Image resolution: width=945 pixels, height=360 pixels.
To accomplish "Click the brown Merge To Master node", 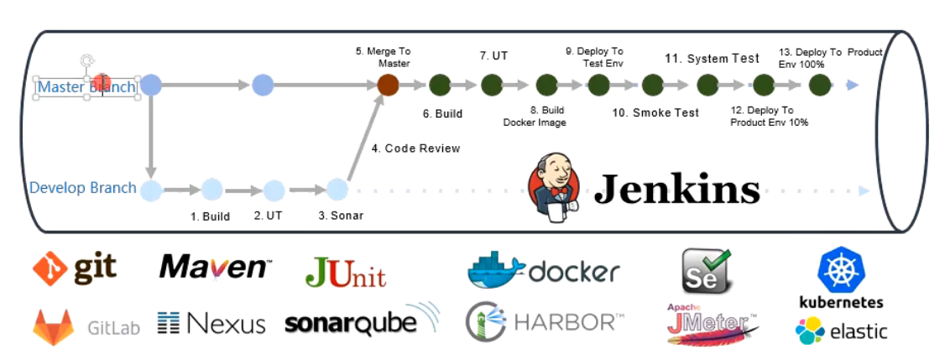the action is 388,85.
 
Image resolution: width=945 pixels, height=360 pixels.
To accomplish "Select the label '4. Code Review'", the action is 415,149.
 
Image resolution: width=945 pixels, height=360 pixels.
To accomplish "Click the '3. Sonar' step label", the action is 341,216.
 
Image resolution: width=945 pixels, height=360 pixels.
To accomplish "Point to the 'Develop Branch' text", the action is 83,187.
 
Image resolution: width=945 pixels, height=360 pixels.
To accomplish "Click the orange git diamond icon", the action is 50,269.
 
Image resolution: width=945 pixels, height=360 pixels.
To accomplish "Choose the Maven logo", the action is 215,267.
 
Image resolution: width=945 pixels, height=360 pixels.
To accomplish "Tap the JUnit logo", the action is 345,272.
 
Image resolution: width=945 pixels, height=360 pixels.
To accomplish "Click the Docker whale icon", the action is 495,269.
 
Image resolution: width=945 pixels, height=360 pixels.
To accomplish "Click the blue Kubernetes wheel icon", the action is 841,269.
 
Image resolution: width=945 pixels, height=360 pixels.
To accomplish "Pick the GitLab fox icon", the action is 54,326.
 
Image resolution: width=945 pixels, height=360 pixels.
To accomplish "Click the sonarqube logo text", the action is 351,324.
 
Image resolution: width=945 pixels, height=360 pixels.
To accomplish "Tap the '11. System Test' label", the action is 712,59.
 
